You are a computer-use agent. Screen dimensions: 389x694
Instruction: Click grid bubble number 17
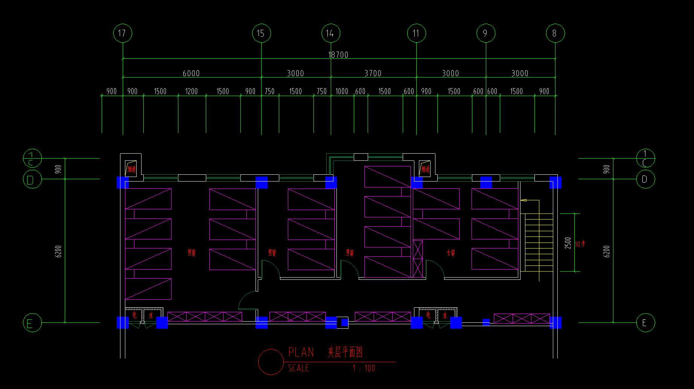[x=122, y=33]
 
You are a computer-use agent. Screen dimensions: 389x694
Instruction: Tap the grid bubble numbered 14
[x=330, y=33]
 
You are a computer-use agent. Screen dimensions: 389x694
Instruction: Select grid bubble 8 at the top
[x=555, y=33]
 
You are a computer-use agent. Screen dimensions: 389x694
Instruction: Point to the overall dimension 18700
[x=338, y=55]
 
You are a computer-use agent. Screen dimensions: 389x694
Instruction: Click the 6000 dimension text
[x=191, y=73]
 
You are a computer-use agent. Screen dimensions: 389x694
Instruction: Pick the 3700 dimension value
[x=373, y=73]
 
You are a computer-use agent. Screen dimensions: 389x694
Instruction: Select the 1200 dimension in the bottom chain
[x=192, y=92]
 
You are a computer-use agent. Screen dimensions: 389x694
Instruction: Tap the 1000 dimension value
[x=342, y=92]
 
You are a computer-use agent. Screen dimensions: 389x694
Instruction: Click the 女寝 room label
[x=451, y=253]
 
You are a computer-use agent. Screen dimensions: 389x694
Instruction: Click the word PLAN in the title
[x=301, y=352]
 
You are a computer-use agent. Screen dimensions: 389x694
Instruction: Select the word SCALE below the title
[x=298, y=368]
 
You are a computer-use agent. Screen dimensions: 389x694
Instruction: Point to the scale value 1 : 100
[x=364, y=368]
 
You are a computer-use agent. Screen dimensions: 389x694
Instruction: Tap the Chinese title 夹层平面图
[x=345, y=352]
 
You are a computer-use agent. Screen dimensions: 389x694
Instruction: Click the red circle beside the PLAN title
[x=271, y=362]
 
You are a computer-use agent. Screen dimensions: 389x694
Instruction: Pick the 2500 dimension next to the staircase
[x=568, y=243]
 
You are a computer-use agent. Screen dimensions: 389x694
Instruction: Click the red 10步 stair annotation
[x=580, y=244]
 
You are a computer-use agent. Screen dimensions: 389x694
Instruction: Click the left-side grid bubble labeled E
[x=32, y=323]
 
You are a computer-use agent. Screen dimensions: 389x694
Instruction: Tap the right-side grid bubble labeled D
[x=645, y=179]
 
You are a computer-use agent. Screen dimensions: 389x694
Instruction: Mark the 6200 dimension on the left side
[x=58, y=251]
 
